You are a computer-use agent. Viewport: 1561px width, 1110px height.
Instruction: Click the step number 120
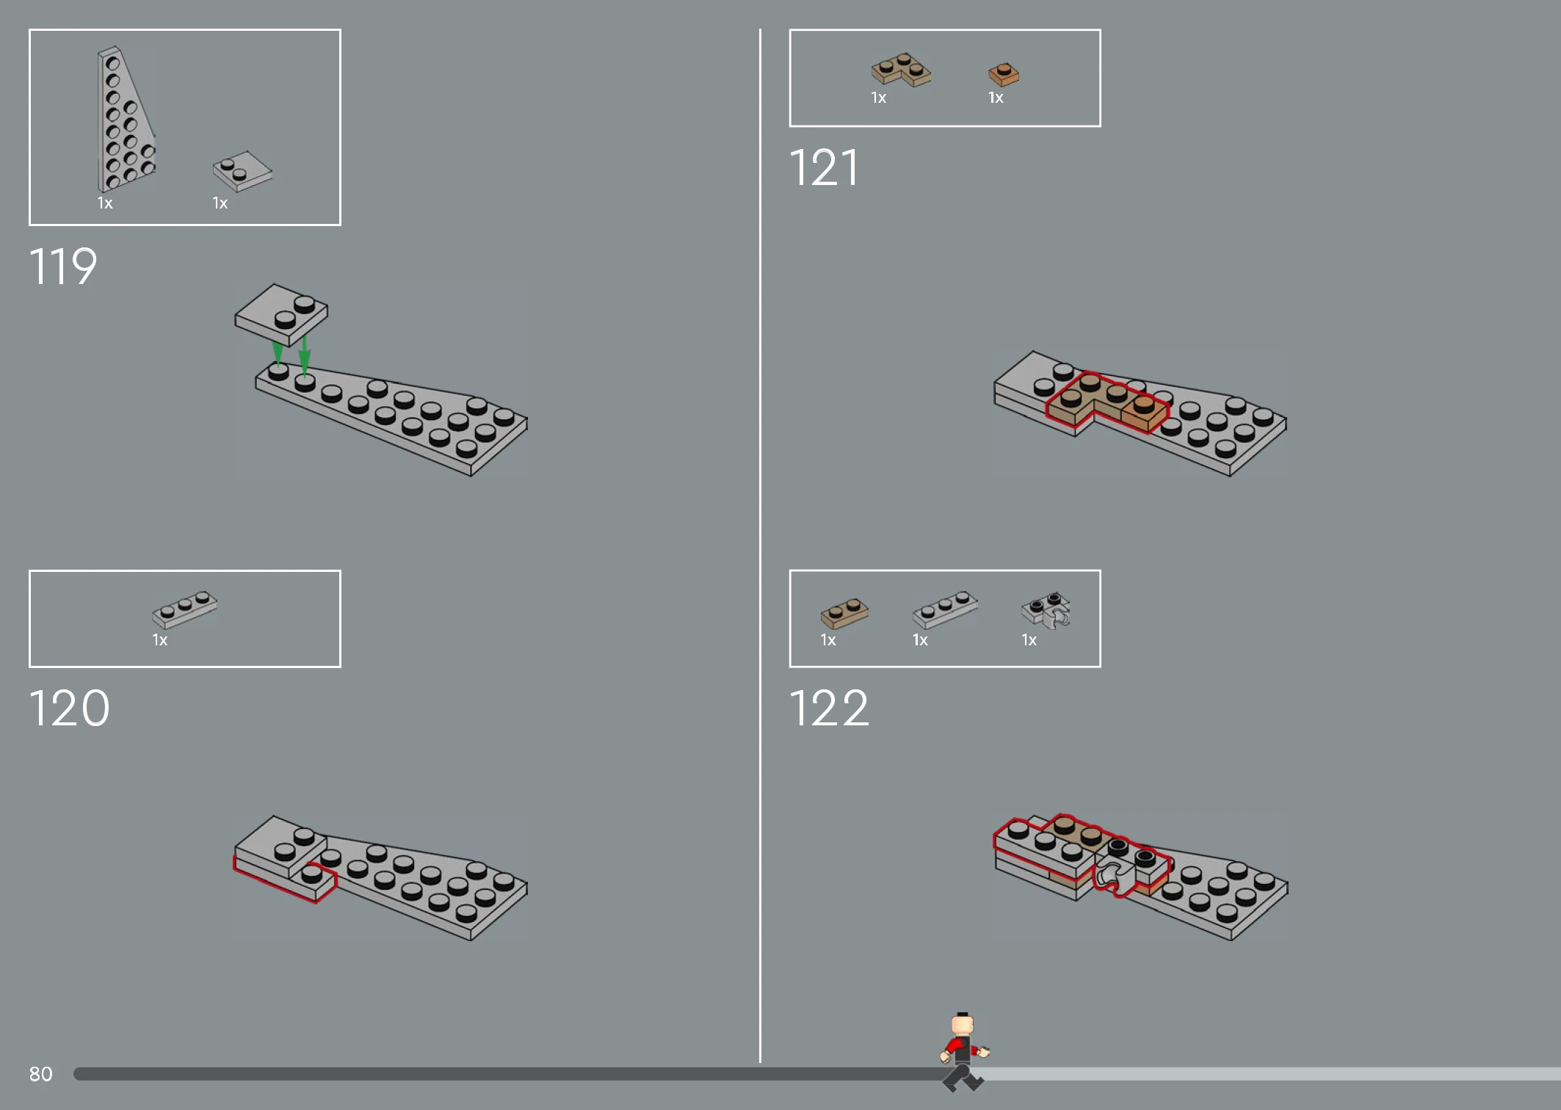[70, 708]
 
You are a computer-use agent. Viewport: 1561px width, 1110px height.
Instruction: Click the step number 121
[824, 167]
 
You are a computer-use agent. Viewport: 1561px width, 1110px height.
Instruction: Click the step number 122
[830, 708]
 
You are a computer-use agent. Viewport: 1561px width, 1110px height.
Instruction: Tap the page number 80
[41, 1074]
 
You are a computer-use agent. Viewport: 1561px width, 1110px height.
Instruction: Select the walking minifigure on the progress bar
[963, 1051]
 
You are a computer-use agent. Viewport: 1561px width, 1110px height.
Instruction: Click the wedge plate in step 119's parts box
[125, 119]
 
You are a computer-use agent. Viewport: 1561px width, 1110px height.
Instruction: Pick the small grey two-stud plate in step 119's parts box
[242, 171]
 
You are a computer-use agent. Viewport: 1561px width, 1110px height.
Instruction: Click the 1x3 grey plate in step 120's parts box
[185, 609]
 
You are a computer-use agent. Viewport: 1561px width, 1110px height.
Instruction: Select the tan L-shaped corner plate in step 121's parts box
[901, 70]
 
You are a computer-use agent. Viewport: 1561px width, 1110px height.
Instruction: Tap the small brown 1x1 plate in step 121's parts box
[1004, 74]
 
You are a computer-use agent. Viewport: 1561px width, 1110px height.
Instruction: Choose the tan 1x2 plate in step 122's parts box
[845, 613]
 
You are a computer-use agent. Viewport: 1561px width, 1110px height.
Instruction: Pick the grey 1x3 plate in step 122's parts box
[946, 609]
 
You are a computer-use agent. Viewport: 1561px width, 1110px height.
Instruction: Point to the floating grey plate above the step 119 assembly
[281, 314]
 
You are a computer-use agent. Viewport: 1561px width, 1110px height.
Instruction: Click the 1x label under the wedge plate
[105, 203]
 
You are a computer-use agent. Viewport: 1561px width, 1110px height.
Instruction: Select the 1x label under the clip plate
[1029, 640]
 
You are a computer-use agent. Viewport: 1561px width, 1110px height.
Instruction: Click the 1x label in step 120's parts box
[160, 640]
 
